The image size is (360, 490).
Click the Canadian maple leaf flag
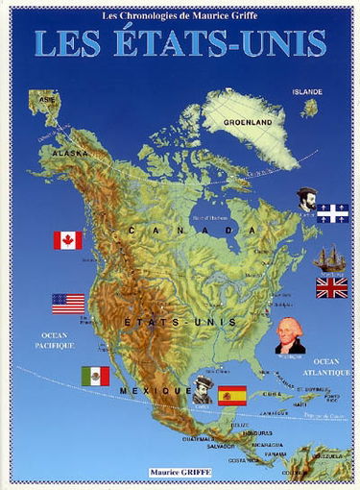pyautogui.click(x=67, y=240)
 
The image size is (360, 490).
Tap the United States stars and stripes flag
pyautogui.click(x=68, y=304)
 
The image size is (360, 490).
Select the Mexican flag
pyautogui.click(x=95, y=376)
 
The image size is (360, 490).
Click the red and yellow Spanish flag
pyautogui.click(x=232, y=394)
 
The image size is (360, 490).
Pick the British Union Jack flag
pyautogui.click(x=331, y=287)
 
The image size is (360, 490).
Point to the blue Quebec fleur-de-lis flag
pyautogui.click(x=332, y=213)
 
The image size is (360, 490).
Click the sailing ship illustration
pyautogui.click(x=329, y=259)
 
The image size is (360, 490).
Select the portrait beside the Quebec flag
pyautogui.click(x=307, y=199)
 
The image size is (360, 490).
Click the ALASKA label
pyautogui.click(x=70, y=153)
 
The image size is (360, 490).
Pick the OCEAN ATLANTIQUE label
pyautogui.click(x=333, y=366)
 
